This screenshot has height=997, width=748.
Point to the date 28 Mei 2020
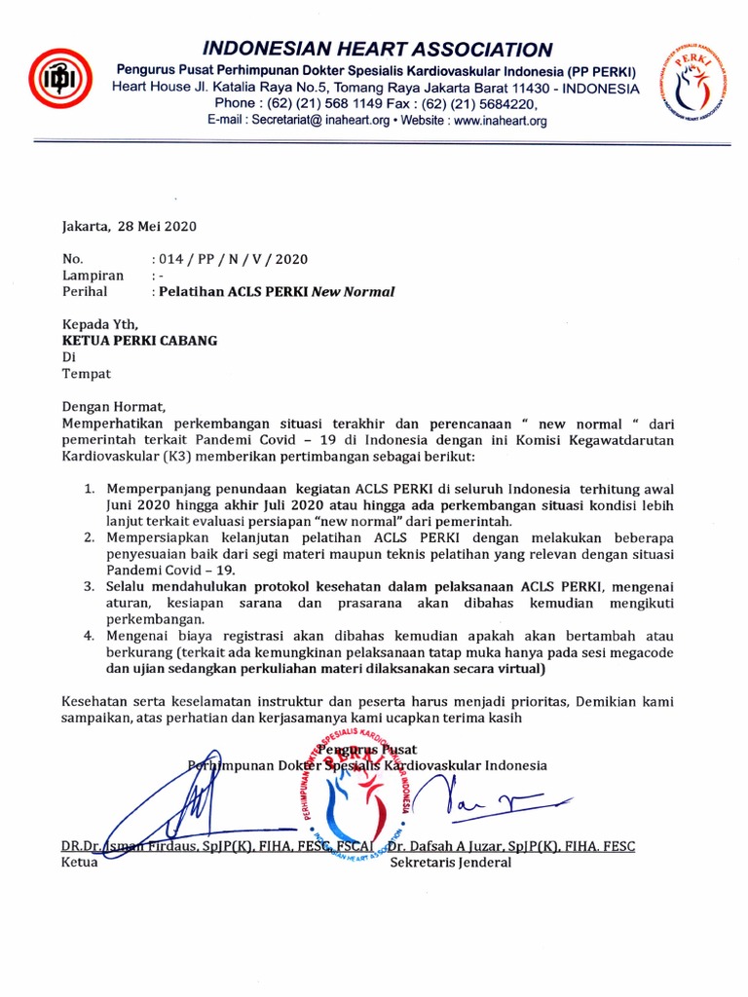(157, 226)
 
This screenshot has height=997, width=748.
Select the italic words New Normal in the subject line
(353, 291)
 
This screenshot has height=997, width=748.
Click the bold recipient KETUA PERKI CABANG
(140, 341)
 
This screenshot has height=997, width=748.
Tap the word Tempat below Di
(87, 373)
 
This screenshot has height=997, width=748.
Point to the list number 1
(88, 489)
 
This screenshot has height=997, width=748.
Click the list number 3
(88, 586)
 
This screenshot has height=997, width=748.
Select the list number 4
(88, 636)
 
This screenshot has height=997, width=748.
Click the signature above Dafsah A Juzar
(487, 800)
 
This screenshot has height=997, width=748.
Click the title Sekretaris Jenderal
(451, 863)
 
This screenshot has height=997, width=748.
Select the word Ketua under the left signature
(80, 863)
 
